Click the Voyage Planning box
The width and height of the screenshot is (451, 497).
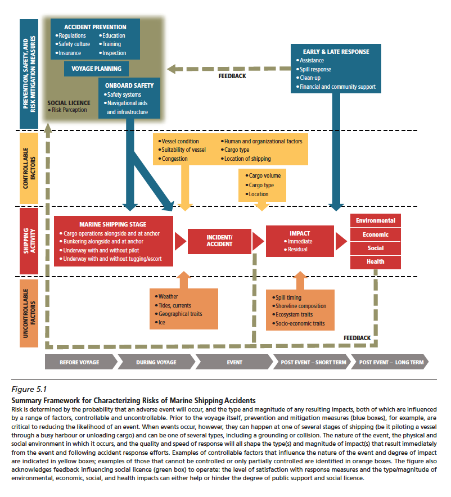tap(96, 69)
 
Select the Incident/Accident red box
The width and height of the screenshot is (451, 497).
tap(219, 241)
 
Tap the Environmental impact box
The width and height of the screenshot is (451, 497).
tap(375, 221)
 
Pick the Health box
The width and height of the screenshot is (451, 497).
tap(375, 261)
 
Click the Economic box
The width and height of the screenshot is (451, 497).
tap(375, 234)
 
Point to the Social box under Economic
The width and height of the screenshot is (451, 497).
tap(375, 248)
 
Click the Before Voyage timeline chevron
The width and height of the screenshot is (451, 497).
tap(79, 362)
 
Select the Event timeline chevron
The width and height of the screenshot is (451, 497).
tap(234, 362)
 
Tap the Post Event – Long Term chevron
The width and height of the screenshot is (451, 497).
tap(391, 362)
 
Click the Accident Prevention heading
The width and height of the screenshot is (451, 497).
tap(95, 27)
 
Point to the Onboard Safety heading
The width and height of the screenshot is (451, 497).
tap(129, 85)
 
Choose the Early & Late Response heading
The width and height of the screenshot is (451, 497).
tap(336, 52)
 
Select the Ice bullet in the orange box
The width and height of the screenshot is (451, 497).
tap(161, 323)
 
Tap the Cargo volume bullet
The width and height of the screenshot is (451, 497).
tap(264, 176)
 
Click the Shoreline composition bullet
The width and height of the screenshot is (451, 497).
tap(300, 306)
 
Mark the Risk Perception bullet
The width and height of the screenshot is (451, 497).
tap(69, 110)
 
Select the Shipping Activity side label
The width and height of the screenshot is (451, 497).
tap(29, 241)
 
